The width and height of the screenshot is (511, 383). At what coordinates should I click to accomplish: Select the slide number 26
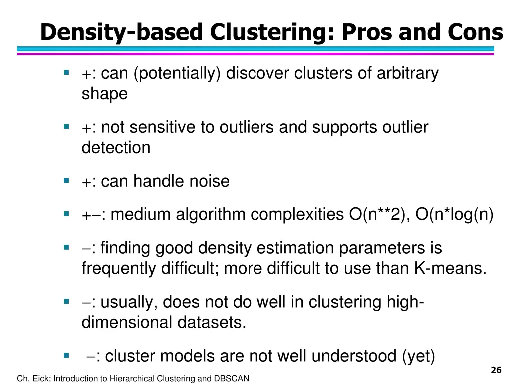pos(496,370)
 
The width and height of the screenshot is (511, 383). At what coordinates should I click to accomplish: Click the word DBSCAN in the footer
pos(231,379)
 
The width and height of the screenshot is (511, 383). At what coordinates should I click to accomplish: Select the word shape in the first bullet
pos(104,94)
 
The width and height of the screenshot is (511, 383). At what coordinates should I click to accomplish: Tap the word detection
pos(116,148)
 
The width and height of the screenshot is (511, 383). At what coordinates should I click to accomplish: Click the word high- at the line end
pos(405,302)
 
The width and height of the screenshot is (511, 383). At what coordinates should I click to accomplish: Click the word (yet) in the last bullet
pos(418,356)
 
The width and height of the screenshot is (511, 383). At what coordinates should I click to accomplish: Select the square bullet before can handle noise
pos(66,180)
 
